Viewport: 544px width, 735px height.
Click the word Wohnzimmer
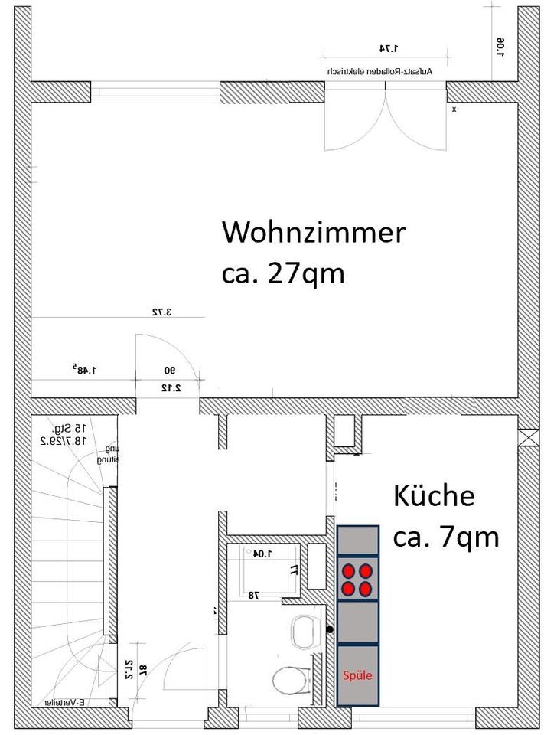(x=312, y=233)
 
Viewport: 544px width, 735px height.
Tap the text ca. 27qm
(x=283, y=273)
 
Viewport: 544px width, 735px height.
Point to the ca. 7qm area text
(x=445, y=537)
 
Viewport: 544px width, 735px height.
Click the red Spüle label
(x=357, y=676)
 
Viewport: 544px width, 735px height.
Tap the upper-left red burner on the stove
(x=350, y=570)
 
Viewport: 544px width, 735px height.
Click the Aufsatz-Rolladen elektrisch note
(x=380, y=71)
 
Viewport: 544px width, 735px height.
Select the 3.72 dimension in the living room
(x=161, y=312)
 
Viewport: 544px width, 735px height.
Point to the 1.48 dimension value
(x=84, y=371)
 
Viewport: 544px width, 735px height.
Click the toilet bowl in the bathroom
(x=289, y=679)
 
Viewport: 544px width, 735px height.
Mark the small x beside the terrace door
(x=454, y=109)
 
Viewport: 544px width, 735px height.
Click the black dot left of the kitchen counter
(x=330, y=630)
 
